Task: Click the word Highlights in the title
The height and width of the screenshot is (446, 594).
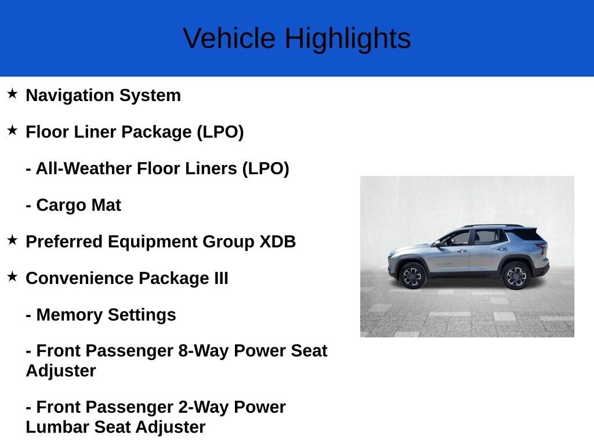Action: [348, 39]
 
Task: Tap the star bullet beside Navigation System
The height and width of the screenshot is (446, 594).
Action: [13, 93]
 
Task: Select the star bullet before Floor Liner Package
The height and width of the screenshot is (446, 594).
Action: [13, 131]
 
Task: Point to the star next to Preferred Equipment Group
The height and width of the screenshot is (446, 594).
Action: [13, 240]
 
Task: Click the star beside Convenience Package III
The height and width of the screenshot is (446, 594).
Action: [13, 276]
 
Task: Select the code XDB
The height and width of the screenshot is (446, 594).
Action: [277, 242]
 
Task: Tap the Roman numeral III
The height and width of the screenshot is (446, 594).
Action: [221, 278]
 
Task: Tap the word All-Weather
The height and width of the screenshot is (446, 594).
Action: [84, 168]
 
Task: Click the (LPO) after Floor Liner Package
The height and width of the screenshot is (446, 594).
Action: [220, 132]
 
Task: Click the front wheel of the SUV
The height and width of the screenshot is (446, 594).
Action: [412, 276]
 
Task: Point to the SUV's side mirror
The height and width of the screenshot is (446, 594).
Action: [437, 244]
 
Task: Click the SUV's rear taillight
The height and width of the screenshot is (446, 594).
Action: [542, 246]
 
